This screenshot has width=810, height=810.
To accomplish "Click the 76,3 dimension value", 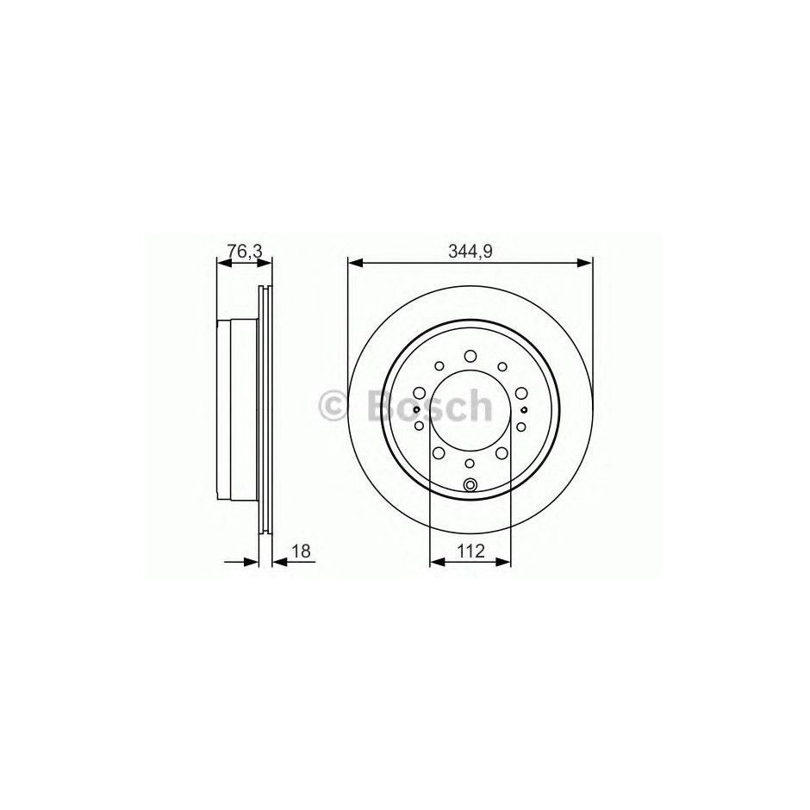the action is tap(245, 252).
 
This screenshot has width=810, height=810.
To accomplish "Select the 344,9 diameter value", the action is tap(470, 252).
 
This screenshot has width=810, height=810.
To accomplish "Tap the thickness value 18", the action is tap(302, 551).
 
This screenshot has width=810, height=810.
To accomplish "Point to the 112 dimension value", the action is tap(470, 551).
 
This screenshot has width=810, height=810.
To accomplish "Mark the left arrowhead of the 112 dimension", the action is tap(437, 562).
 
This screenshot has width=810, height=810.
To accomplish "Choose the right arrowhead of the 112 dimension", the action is tap(503, 562).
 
